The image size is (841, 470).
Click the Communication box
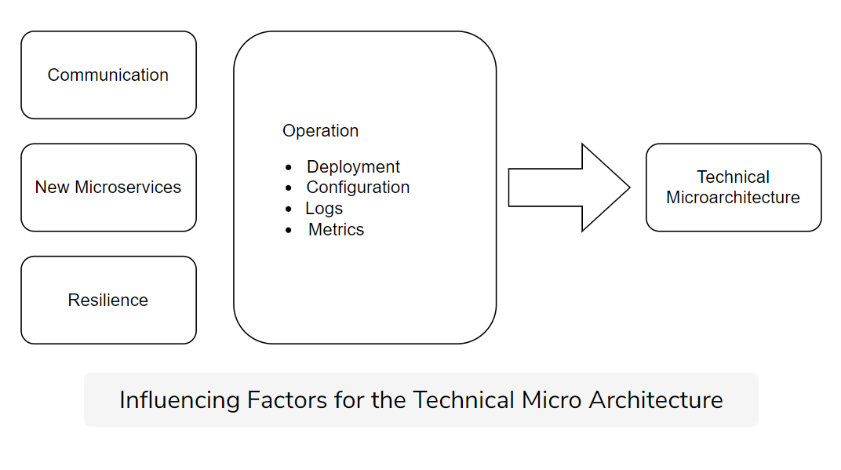tap(108, 75)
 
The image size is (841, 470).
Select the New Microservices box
tap(108, 188)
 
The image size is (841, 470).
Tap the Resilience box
tap(108, 300)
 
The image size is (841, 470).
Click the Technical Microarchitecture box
tap(733, 188)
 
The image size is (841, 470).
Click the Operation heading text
tap(320, 131)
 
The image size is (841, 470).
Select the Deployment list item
tap(353, 167)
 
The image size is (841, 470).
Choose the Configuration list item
tap(358, 188)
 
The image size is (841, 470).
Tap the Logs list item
tap(324, 209)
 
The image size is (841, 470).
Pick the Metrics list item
tap(336, 230)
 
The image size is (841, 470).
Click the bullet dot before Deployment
tap(289, 168)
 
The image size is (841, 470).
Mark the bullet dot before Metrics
tap(289, 231)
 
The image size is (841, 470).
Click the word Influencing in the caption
tap(179, 400)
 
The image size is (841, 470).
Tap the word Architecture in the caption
tap(656, 400)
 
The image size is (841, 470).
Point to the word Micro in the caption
tap(550, 400)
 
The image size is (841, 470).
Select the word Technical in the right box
tap(733, 177)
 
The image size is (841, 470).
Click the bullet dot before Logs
tap(289, 209)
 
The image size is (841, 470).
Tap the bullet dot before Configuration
tap(289, 188)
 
